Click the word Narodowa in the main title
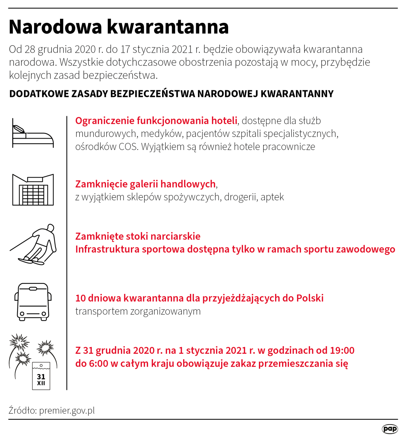[x=55, y=27]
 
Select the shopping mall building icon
[x=33, y=190]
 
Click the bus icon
[x=33, y=302]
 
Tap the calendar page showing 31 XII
[x=41, y=376]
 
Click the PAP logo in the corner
[x=390, y=429]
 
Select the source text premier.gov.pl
[x=67, y=411]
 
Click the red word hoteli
[x=224, y=121]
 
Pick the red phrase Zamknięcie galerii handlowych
[x=145, y=184]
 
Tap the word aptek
[x=272, y=197]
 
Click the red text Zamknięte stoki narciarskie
[x=138, y=236]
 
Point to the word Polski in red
[x=310, y=298]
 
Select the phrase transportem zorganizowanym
[x=138, y=311]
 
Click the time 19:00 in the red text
[x=342, y=350]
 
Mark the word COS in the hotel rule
[x=128, y=146]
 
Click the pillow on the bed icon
[x=19, y=129]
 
